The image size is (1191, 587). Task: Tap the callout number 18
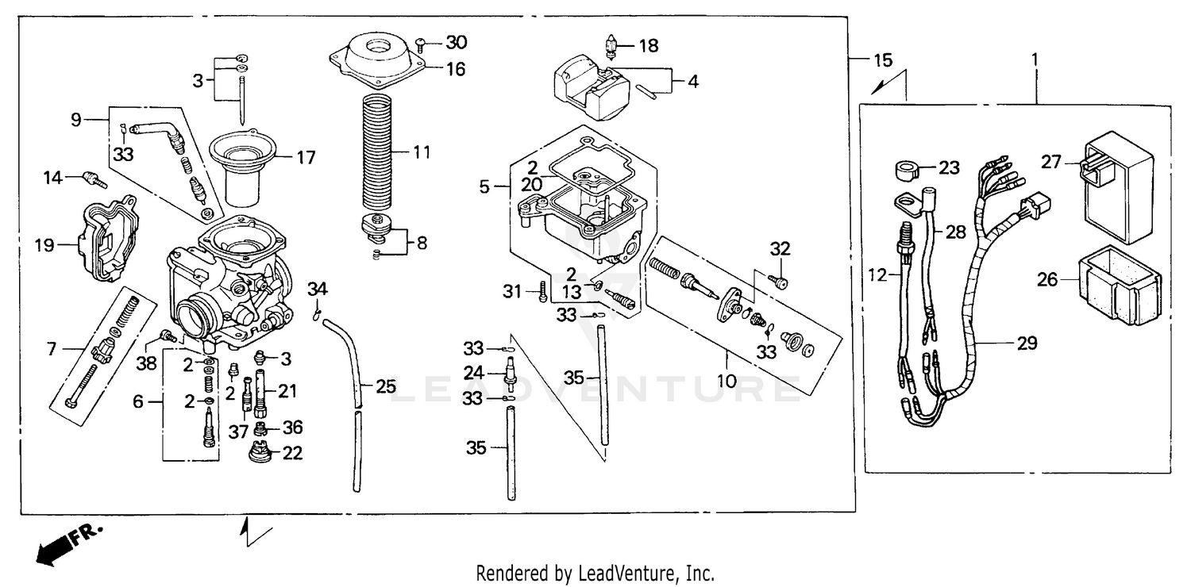pyautogui.click(x=648, y=46)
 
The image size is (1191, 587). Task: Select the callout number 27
pyautogui.click(x=1051, y=162)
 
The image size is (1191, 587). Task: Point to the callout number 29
pyautogui.click(x=1026, y=343)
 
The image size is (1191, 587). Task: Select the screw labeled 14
pyautogui.click(x=94, y=179)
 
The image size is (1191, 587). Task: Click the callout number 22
pyautogui.click(x=292, y=454)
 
